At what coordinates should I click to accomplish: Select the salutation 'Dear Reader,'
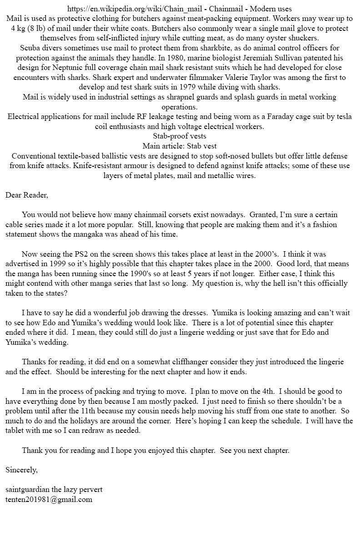(x=27, y=195)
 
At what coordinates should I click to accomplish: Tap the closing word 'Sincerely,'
(x=21, y=470)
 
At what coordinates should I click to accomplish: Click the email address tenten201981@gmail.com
(x=49, y=500)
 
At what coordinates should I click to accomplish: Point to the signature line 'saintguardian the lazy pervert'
(x=54, y=490)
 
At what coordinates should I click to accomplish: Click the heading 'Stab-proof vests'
(x=180, y=136)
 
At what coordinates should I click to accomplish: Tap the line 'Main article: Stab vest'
(x=180, y=146)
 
